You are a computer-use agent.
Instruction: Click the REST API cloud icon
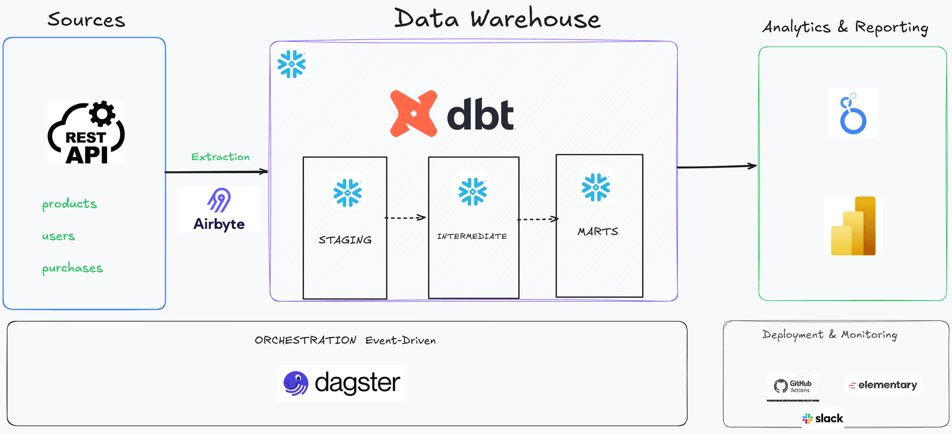tap(86, 132)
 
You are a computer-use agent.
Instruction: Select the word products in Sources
tap(69, 204)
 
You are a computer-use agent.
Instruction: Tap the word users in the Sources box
tap(59, 236)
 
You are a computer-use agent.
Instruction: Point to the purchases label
tap(72, 268)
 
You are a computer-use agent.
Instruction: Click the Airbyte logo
tap(219, 210)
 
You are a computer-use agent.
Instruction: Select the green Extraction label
tap(220, 157)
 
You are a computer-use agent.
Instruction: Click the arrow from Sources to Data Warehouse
tap(216, 172)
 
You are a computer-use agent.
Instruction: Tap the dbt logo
tap(452, 114)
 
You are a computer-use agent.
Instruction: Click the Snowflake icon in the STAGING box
tap(348, 192)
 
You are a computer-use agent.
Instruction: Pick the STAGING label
tap(345, 240)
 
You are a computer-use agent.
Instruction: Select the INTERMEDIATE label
tap(472, 236)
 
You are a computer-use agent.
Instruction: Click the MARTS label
tap(598, 232)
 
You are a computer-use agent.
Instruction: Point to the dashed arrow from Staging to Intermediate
tap(406, 217)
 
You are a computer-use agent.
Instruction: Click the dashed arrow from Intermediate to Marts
tap(537, 219)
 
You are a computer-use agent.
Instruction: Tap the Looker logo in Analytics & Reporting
tap(853, 114)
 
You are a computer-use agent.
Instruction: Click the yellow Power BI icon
tap(853, 226)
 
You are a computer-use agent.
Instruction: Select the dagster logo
tap(342, 383)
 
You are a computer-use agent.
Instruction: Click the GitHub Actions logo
tap(793, 386)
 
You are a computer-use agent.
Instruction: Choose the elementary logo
tap(883, 385)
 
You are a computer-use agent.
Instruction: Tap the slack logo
tap(823, 419)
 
